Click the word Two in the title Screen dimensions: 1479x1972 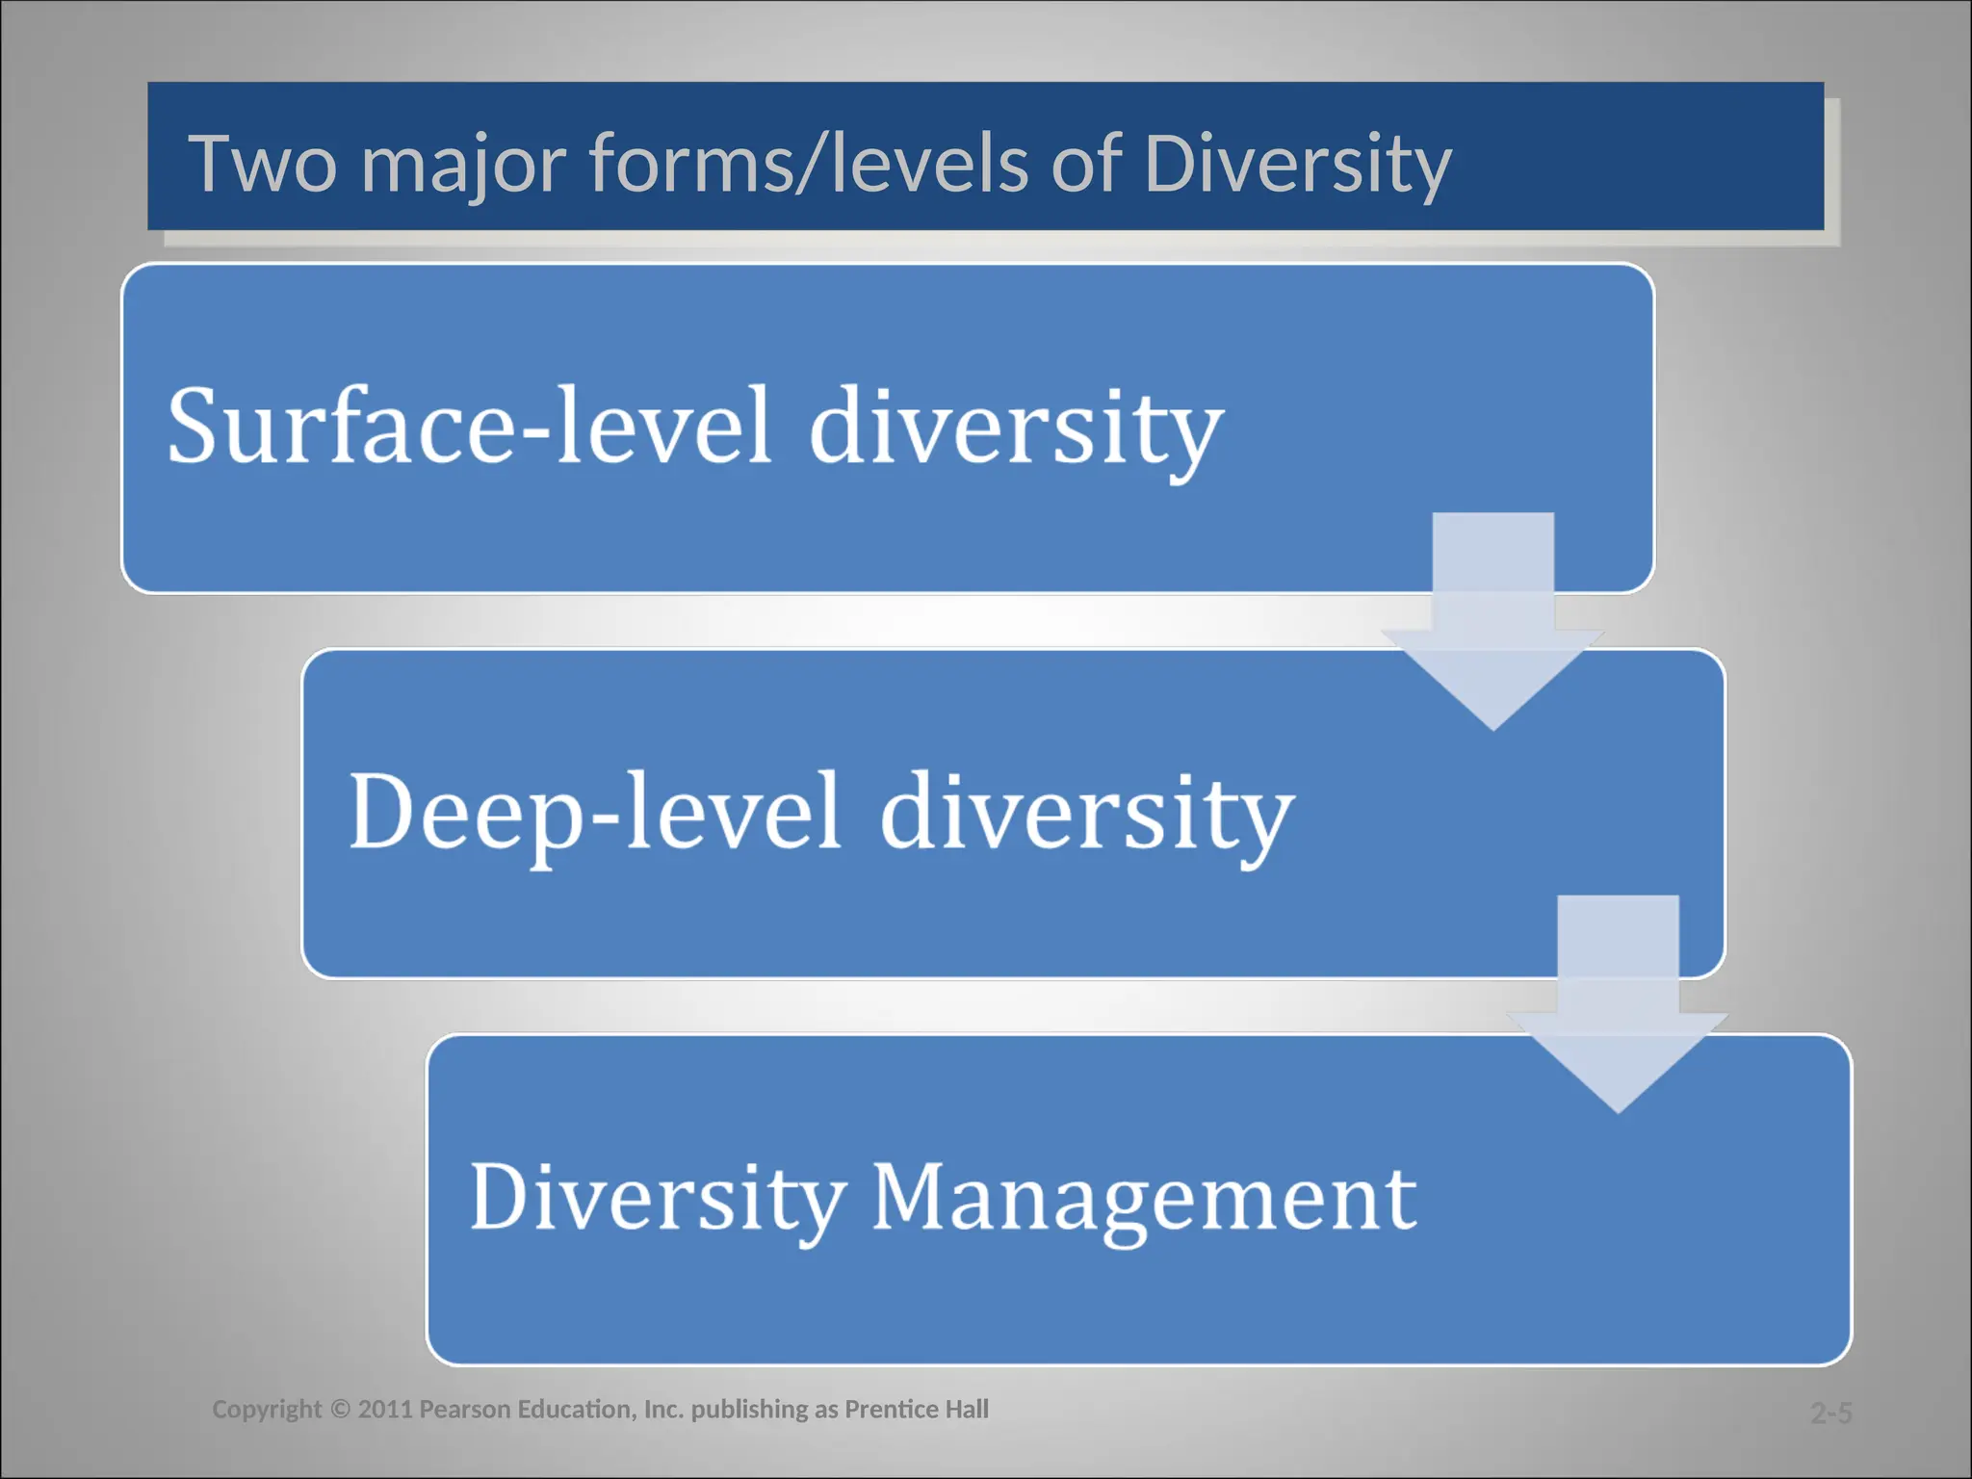[x=262, y=164]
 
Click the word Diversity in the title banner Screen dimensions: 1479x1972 [x=1297, y=166]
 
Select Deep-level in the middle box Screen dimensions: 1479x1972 [x=595, y=812]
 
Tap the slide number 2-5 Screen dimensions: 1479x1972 [x=1830, y=1413]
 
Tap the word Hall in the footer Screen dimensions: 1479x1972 [x=967, y=1410]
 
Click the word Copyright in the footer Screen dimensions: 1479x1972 [x=267, y=1410]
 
